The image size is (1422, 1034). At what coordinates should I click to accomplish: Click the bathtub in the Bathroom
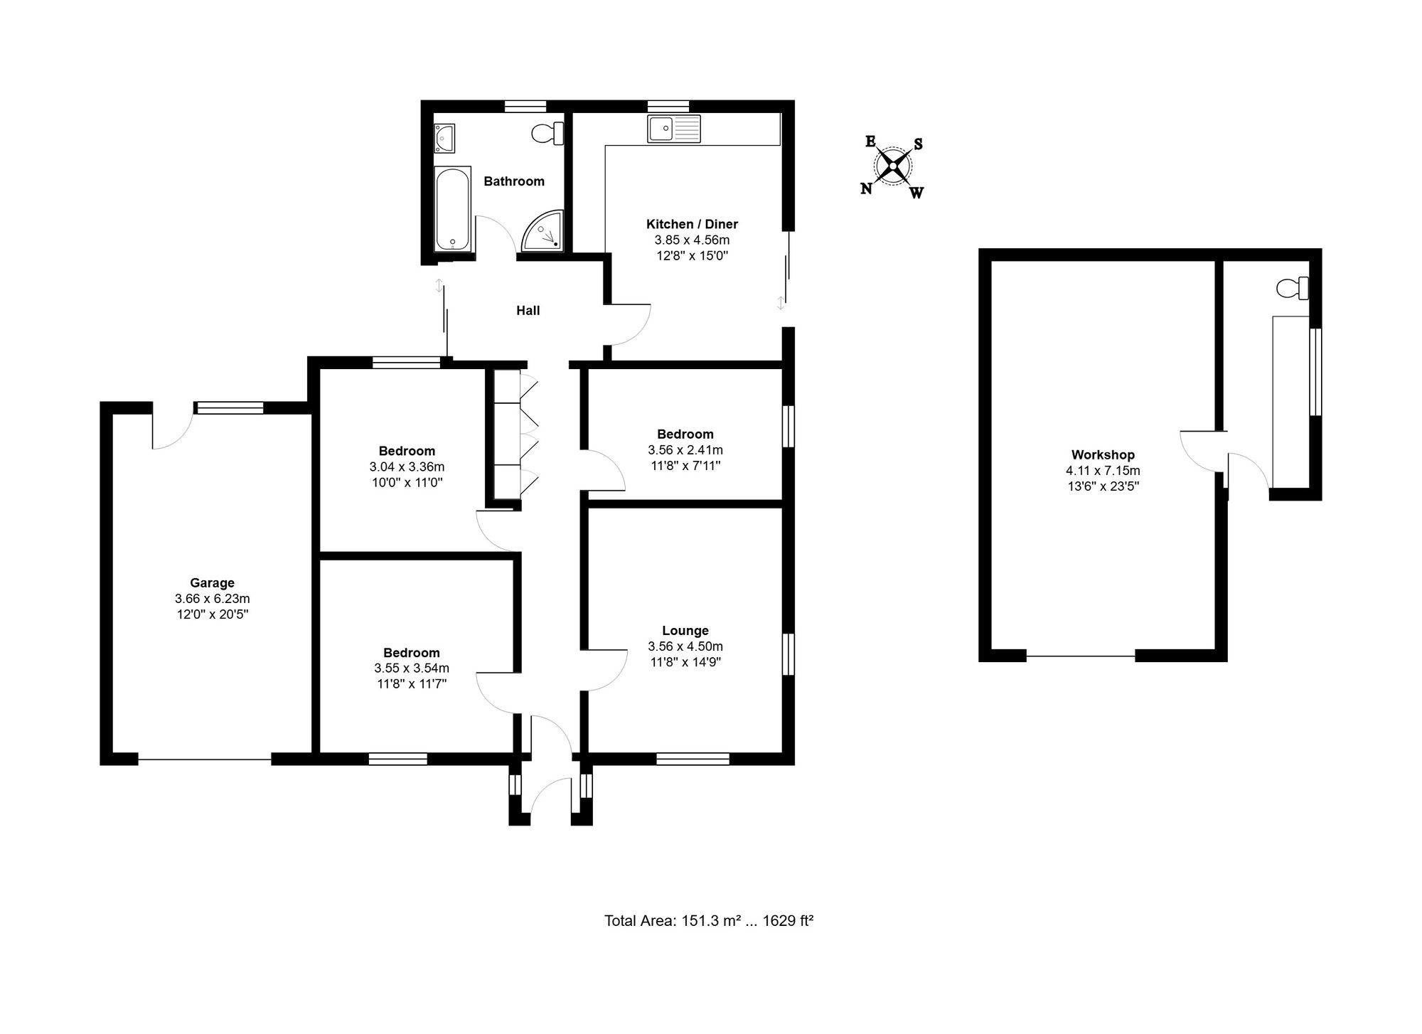452,208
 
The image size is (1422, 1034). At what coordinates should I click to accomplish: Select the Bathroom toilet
548,133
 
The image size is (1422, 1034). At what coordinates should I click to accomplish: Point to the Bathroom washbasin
445,137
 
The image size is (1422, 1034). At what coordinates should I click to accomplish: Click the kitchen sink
674,129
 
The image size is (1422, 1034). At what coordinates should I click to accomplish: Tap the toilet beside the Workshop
1293,288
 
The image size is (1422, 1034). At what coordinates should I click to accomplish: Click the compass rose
892,166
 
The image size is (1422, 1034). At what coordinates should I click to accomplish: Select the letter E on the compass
870,141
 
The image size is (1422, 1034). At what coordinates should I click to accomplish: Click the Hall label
528,311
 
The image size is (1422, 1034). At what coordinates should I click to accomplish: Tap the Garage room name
212,583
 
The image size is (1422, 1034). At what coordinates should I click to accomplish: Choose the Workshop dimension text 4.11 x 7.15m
1103,471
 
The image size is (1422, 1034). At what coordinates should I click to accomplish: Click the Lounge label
685,631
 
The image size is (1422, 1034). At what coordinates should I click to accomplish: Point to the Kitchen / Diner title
692,224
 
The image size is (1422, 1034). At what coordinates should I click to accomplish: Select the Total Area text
709,921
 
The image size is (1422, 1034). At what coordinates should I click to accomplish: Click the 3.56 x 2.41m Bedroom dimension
685,450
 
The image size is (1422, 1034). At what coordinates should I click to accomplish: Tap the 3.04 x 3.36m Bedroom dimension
407,467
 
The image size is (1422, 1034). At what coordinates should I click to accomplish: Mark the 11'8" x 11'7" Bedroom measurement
412,684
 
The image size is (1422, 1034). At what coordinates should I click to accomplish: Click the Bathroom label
514,181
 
